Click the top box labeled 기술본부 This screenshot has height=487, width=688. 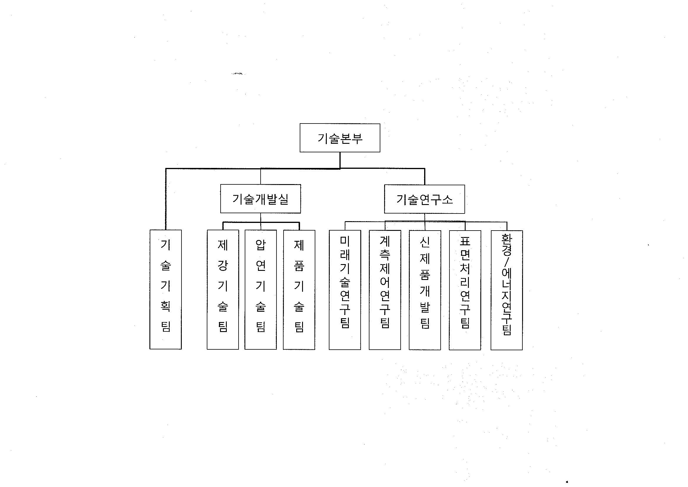click(x=340, y=138)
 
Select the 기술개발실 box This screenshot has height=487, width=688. click(x=260, y=199)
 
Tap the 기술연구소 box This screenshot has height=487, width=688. click(x=424, y=199)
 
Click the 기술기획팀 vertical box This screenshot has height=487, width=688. click(x=166, y=289)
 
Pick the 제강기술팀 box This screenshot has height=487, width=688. click(x=223, y=289)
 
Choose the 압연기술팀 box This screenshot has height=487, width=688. click(x=260, y=290)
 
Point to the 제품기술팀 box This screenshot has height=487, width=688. click(x=299, y=290)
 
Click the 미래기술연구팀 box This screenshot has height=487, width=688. click(x=345, y=290)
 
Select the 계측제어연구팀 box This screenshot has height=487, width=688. click(x=385, y=290)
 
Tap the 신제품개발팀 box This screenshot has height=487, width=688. click(x=425, y=290)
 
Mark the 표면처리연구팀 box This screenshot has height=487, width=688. click(x=465, y=290)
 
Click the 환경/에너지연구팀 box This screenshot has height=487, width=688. click(x=507, y=290)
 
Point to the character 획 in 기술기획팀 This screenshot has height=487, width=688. click(x=166, y=306)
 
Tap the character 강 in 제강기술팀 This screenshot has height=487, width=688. click(x=223, y=265)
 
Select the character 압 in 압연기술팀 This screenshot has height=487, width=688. click(x=260, y=245)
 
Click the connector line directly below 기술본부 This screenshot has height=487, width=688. click(x=340, y=161)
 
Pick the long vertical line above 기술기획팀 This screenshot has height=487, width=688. click(x=166, y=199)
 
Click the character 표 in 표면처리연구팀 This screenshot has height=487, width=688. click(x=465, y=241)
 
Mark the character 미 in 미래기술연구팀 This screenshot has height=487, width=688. click(x=345, y=241)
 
